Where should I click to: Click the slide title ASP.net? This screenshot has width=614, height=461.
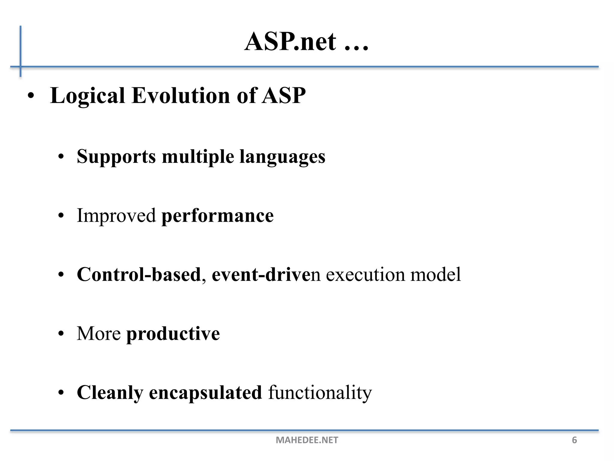290,42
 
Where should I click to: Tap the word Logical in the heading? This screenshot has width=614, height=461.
87,96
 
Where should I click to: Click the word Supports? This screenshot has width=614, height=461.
116,157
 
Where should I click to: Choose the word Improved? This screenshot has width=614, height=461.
116,216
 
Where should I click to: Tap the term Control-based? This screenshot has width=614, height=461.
139,274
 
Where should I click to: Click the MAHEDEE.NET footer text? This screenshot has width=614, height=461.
307,440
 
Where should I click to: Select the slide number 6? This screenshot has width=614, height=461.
574,440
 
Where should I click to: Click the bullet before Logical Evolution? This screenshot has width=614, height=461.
31,97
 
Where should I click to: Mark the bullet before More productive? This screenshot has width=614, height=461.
61,334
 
